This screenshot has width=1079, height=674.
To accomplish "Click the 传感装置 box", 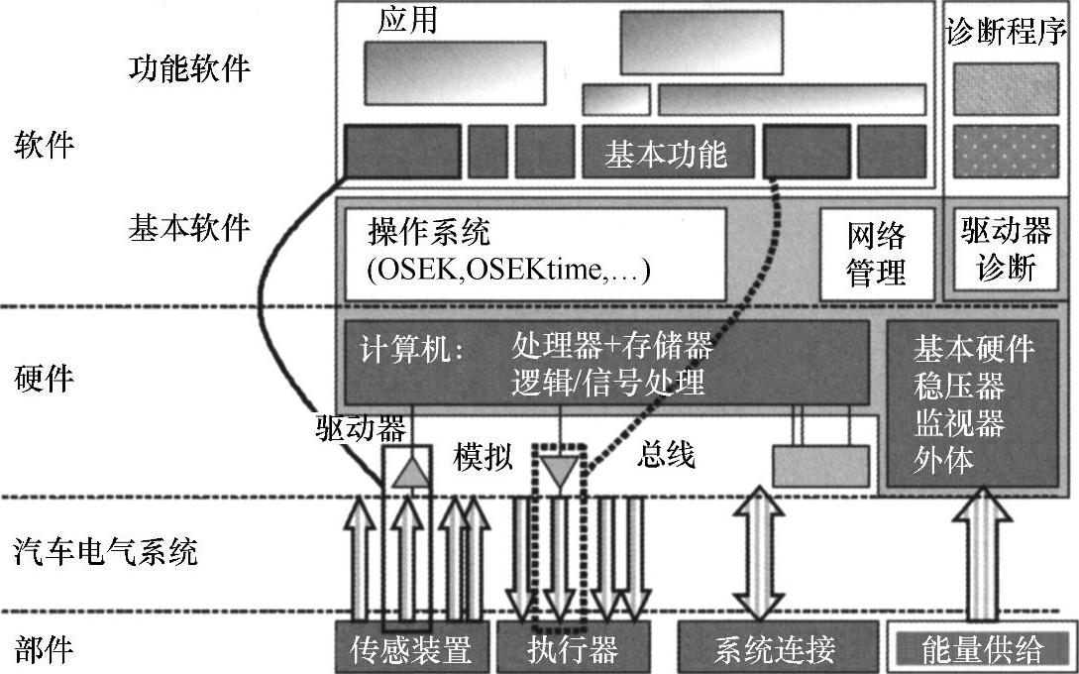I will [408, 649].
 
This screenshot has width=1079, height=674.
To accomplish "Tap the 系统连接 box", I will [776, 649].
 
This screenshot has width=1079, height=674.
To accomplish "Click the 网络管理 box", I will [876, 254].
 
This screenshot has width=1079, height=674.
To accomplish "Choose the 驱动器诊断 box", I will [1005, 250].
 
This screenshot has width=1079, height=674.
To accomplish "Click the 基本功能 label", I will [666, 154].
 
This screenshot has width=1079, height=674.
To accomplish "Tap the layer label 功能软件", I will [190, 69].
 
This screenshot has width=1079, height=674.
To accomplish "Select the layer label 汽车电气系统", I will [106, 551].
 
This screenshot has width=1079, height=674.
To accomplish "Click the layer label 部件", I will [45, 649].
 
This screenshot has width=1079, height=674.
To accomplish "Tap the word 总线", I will [666, 455].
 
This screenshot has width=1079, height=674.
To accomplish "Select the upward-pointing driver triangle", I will [407, 473].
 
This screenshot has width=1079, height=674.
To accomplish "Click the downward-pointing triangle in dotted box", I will [559, 473].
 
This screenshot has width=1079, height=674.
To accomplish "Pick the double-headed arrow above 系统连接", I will [757, 553].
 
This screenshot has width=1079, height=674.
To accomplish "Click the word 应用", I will [407, 21].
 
